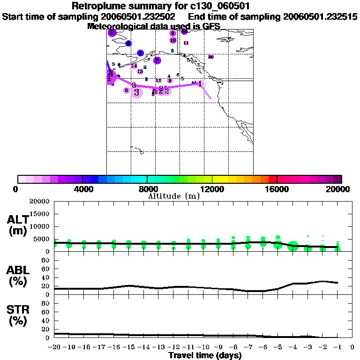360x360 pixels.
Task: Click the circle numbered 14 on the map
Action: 134,66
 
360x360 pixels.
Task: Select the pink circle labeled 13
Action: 140,71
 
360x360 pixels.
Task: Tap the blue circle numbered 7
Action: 140,53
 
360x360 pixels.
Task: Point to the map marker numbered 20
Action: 211,57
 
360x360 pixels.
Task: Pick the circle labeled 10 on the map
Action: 173,40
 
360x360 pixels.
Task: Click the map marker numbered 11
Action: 186,43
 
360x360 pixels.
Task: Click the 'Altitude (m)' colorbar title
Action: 173,196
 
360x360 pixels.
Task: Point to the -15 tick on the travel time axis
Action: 128,348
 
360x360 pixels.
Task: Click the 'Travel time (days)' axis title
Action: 205,355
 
